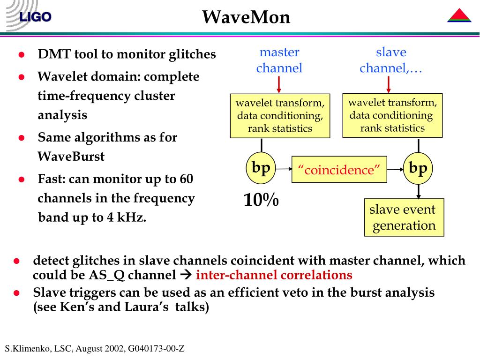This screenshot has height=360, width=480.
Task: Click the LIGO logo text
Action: (35, 17)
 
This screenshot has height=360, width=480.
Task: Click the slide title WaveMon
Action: (246, 17)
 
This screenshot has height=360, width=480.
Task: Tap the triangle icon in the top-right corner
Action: (459, 16)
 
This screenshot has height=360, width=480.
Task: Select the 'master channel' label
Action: (279, 60)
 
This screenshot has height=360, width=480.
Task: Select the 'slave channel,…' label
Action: (391, 60)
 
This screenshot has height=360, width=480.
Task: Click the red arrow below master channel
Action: (279, 85)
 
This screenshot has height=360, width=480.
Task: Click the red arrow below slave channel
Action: (389, 84)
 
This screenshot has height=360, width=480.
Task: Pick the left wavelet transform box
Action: (280, 116)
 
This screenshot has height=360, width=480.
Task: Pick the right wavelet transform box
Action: (392, 115)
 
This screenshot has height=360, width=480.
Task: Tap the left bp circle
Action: (261, 168)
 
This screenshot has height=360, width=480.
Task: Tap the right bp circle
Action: (418, 168)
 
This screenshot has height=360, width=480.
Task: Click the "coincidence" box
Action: (339, 170)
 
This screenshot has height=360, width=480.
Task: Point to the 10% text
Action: (261, 201)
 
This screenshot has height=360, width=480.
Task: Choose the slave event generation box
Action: (404, 217)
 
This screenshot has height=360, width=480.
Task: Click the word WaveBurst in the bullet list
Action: (71, 157)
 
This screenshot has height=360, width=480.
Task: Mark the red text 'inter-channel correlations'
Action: (274, 275)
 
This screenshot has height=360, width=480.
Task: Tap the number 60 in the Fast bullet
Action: (186, 179)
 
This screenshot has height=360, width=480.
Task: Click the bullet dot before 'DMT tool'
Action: (21, 55)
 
